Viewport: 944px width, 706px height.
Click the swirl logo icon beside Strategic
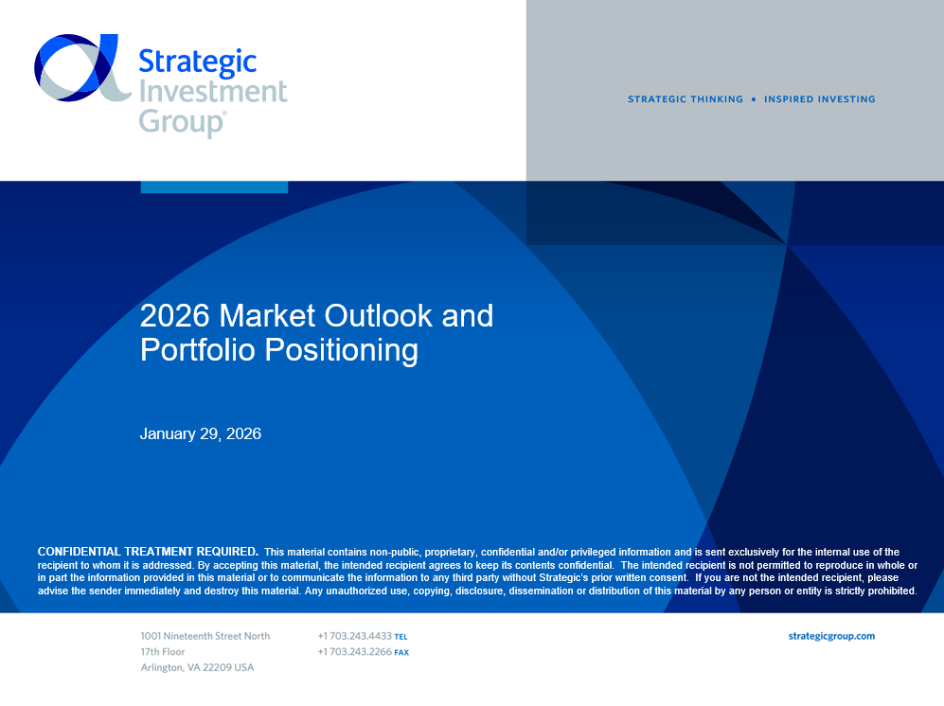[x=82, y=67]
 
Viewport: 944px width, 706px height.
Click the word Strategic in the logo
[x=198, y=62]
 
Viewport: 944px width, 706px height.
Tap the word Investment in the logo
[x=213, y=92]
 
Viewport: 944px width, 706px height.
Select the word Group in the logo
[x=183, y=122]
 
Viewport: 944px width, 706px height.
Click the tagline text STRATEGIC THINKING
[x=686, y=99]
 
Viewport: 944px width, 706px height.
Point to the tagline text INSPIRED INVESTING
[x=819, y=99]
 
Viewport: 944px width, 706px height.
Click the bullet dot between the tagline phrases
[x=754, y=99]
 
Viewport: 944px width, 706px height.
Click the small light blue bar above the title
[x=214, y=187]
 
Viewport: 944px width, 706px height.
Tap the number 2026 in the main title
[x=174, y=316]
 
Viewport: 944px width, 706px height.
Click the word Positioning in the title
[x=342, y=350]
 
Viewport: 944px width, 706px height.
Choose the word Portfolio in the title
[x=198, y=350]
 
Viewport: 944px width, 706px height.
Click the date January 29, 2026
[x=201, y=434]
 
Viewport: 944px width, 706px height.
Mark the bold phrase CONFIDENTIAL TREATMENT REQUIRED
[x=148, y=552]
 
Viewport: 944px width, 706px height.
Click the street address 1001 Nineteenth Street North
[x=205, y=636]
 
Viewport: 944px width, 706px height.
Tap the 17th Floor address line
[x=163, y=652]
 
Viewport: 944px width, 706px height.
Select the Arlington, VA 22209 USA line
[x=198, y=667]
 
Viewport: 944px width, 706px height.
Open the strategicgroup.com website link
[x=831, y=636]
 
